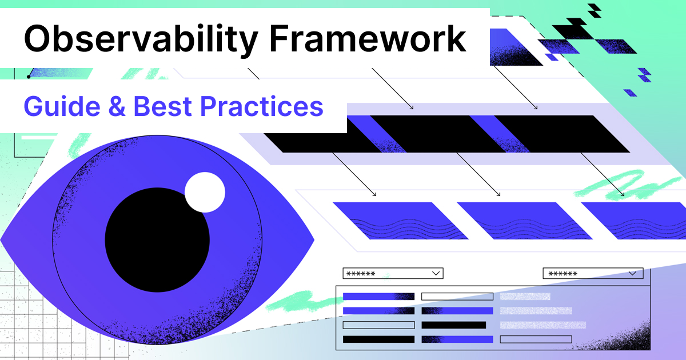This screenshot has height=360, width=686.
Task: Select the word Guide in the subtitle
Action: click(57, 106)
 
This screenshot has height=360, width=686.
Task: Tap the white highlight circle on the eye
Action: click(205, 191)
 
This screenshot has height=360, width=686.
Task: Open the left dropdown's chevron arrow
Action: click(436, 273)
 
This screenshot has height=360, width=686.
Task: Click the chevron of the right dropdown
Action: click(633, 273)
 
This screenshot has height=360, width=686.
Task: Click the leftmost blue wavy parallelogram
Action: click(400, 221)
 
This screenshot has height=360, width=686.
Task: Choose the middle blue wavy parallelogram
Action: click(524, 221)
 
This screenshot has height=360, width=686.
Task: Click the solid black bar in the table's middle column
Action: click(453, 325)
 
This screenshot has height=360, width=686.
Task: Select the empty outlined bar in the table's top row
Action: click(457, 297)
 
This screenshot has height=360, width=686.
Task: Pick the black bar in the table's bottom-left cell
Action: click(378, 339)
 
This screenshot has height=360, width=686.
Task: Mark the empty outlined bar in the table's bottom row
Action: click(535, 339)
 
